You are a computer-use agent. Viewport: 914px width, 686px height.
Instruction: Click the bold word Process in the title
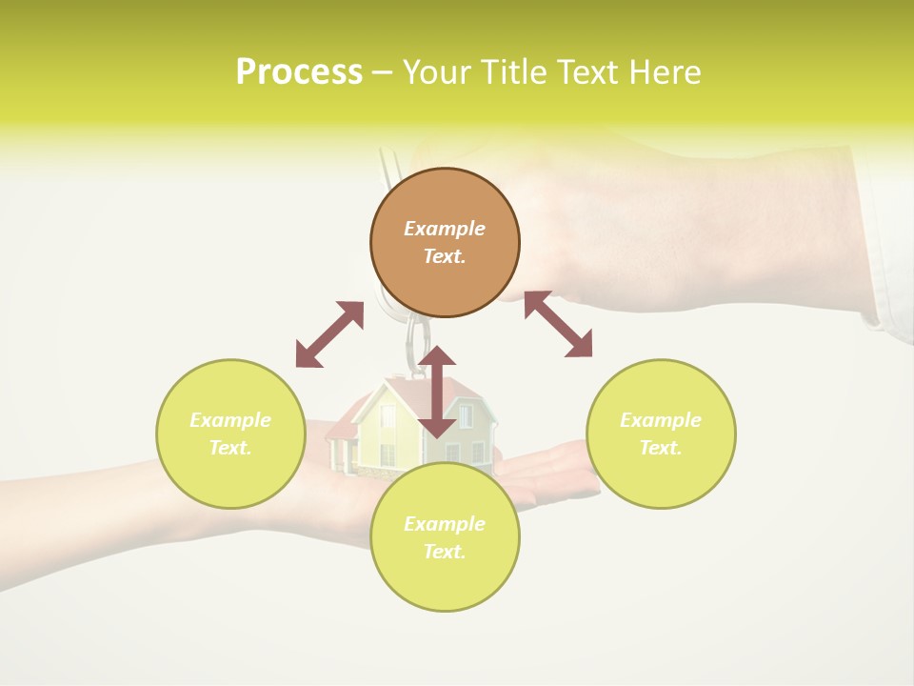pos(299,72)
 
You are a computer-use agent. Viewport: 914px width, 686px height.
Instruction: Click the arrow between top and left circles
pos(329,334)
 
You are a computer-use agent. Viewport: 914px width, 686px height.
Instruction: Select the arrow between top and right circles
pos(558,324)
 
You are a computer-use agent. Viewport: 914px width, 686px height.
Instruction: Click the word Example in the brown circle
pos(445,229)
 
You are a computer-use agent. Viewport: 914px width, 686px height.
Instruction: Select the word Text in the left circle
pos(229,448)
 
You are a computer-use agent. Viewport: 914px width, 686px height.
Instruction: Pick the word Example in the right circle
pos(661,420)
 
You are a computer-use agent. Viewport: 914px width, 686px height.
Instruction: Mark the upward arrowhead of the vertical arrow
pos(437,357)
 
